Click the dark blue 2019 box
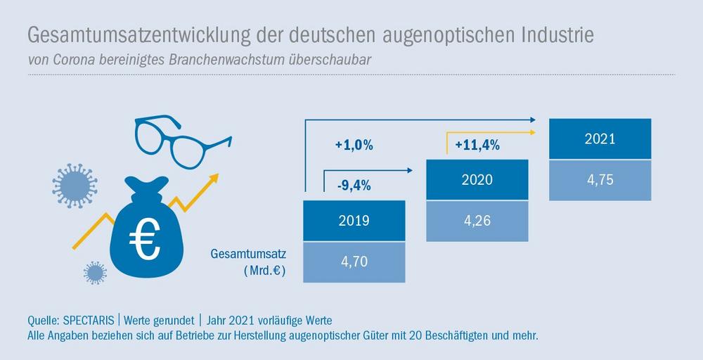point(354,220)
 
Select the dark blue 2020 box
point(477,179)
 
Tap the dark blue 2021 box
point(600,139)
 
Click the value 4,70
point(354,262)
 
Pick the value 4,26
point(477,220)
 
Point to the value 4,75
point(600,179)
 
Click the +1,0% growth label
point(354,146)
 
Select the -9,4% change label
point(354,186)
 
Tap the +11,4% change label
point(477,146)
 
